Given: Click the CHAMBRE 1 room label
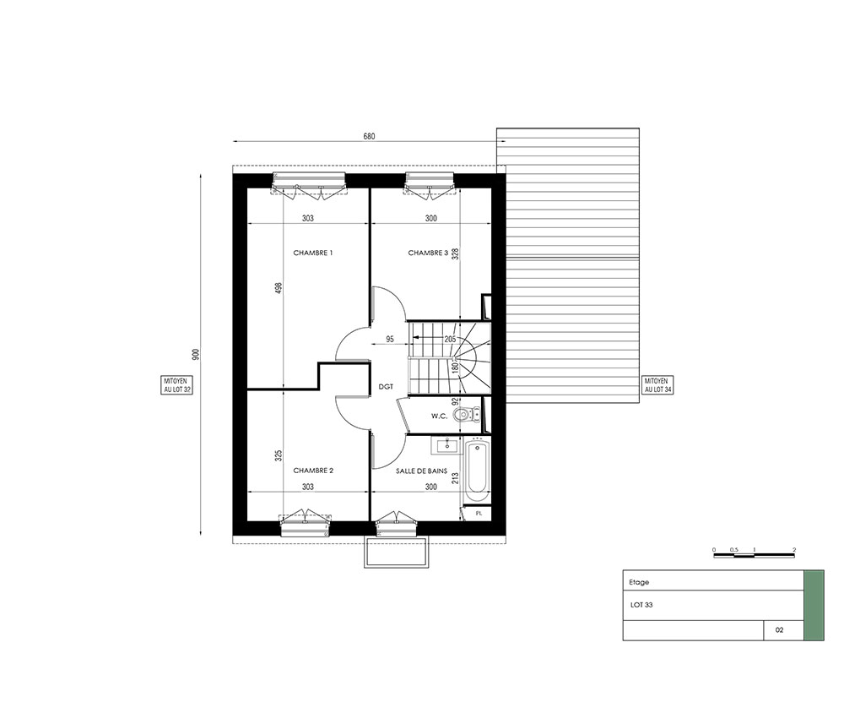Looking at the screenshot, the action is [x=313, y=253].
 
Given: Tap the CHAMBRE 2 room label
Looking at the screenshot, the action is [x=313, y=471].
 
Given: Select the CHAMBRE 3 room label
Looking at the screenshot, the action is [x=428, y=253].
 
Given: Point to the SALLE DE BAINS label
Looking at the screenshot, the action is [x=421, y=471].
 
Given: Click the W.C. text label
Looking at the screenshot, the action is [x=439, y=416].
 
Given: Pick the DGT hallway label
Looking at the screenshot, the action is [x=386, y=386].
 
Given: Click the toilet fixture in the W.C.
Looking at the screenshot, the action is [x=466, y=415].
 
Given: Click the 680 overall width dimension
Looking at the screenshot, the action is [x=369, y=136].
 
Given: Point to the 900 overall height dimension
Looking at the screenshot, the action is [x=196, y=355].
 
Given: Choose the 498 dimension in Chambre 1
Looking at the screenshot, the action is [x=279, y=289].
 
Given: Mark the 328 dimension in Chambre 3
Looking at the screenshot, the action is [x=456, y=254].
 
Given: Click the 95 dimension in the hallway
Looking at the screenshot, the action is [x=390, y=339].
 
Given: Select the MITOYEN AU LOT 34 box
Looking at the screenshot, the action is [x=658, y=385].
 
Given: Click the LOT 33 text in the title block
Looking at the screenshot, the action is [x=641, y=605].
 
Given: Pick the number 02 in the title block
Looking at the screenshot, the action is [x=780, y=629].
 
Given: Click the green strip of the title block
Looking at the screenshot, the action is [x=814, y=605].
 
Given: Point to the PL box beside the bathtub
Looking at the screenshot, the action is [x=478, y=514].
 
